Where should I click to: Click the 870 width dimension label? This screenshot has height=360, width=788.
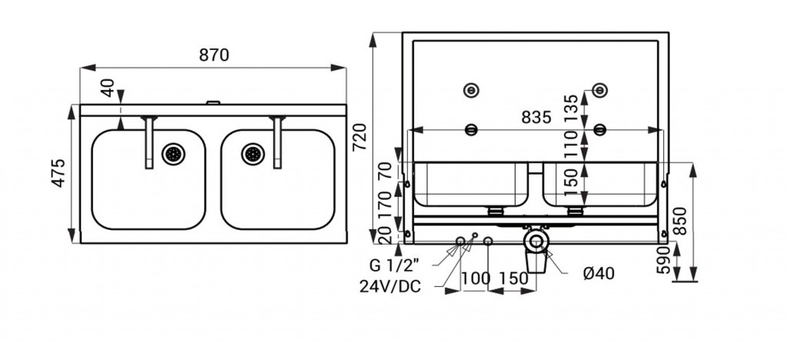pos(214,55)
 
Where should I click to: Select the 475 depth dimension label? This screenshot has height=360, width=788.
pos(59,173)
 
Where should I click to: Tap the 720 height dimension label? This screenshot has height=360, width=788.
pos(360,137)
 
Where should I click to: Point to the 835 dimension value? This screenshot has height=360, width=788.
pos(536,117)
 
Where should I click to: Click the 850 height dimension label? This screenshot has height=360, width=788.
pos(679,221)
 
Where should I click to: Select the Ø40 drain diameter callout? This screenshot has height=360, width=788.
pos(599,274)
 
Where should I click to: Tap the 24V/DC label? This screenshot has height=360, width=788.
pos(390,286)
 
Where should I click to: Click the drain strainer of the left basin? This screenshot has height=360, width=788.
pos(173,154)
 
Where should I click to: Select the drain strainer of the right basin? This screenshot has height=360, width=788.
pos(252,154)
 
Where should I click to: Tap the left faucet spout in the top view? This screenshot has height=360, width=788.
pos(149,142)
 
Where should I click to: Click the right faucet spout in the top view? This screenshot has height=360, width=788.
pos(277,142)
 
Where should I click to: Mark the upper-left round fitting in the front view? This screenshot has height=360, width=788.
pos(471,90)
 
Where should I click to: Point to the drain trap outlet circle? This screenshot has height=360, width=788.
pos(536,241)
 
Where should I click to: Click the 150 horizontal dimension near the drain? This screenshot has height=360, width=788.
pos(513,278)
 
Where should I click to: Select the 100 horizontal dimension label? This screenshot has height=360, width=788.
pos(476,278)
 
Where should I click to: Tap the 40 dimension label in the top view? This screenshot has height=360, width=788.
pos(107,88)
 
